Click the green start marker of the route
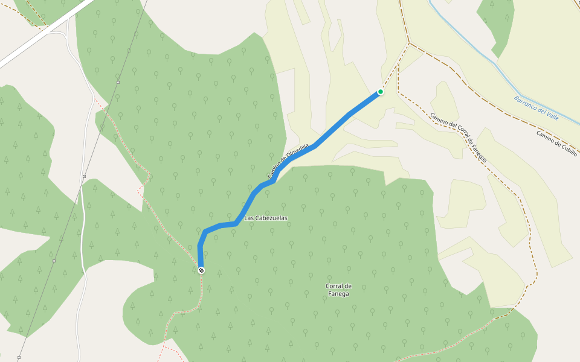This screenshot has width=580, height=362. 381,92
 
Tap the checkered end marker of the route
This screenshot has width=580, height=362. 201,270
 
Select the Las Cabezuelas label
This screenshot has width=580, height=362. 266,218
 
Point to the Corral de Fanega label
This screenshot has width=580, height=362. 338,290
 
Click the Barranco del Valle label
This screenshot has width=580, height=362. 536,108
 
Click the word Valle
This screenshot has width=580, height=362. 550,114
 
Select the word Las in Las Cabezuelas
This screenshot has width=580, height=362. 248,218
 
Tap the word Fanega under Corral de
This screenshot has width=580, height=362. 339,294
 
